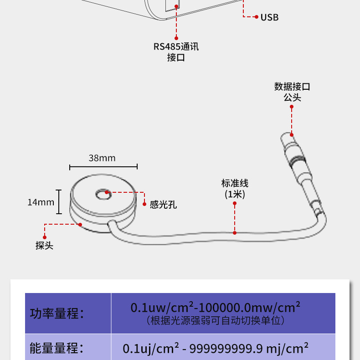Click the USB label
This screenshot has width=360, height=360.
pyautogui.click(x=269, y=17)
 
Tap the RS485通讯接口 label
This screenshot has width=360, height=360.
pyautogui.click(x=176, y=52)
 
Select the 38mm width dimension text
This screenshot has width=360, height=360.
pyautogui.click(x=102, y=158)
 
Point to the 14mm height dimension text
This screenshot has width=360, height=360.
pyautogui.click(x=41, y=202)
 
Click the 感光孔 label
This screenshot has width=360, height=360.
pyautogui.click(x=163, y=205)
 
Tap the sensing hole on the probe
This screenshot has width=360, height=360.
pyautogui.click(x=103, y=194)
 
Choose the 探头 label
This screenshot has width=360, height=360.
pyautogui.click(x=44, y=245)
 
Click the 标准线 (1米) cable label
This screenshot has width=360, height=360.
pyautogui.click(x=235, y=189)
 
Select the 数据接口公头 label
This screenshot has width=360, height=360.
pyautogui.click(x=292, y=92)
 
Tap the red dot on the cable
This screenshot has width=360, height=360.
pyautogui.click(x=235, y=233)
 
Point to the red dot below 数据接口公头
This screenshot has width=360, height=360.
pyautogui.click(x=292, y=107)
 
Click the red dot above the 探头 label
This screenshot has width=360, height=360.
pyautogui.click(x=45, y=237)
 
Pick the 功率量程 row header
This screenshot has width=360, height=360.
pyautogui.click(x=57, y=314)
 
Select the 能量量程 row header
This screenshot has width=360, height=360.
pyautogui.click(x=57, y=349)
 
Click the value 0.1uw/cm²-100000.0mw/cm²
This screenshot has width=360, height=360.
pyautogui.click(x=216, y=307)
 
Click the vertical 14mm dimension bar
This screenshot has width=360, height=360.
pyautogui.click(x=59, y=202)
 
